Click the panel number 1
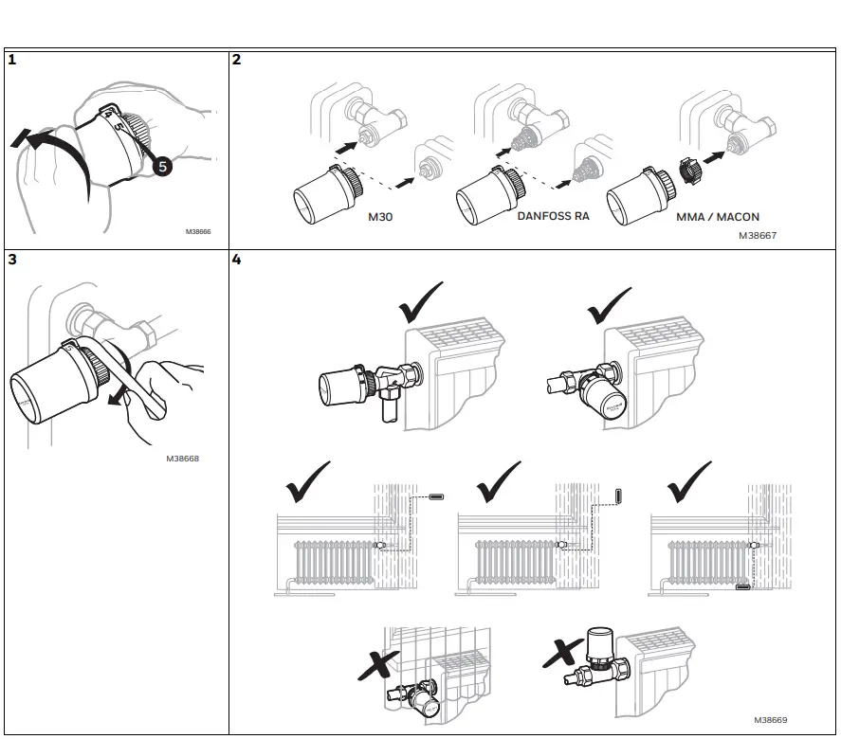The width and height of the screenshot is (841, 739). (x=11, y=60)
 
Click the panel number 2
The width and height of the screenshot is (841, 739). (x=237, y=60)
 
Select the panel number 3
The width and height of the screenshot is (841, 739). (x=11, y=260)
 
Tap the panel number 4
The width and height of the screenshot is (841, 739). (x=237, y=260)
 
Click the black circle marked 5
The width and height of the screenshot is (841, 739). (x=162, y=166)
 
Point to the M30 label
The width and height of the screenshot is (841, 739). (x=380, y=217)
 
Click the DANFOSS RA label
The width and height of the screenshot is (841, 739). (x=553, y=216)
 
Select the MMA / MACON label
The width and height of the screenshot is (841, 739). (x=718, y=217)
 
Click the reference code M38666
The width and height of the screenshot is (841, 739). (x=197, y=229)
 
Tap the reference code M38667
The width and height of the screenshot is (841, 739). (x=757, y=235)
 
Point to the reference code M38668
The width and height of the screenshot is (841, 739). (x=182, y=459)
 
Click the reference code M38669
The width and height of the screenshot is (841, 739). (x=771, y=720)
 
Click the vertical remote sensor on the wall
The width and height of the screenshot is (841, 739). (x=618, y=496)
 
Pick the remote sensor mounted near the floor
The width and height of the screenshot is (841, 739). (x=742, y=587)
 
